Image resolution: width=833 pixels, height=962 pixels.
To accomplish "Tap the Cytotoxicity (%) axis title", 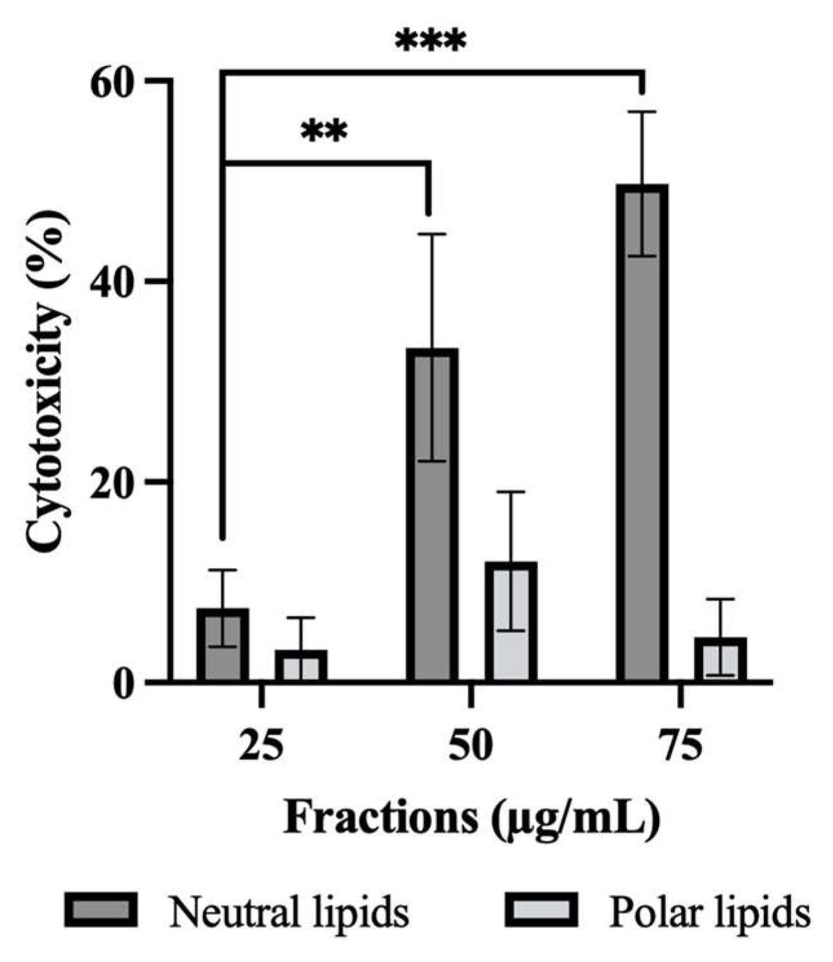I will point(48,381).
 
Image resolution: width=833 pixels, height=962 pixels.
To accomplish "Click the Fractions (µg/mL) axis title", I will point(471,819).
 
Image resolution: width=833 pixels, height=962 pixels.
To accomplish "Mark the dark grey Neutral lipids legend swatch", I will point(101,910).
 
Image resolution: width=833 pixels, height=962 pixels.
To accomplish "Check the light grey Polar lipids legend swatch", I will point(541,910).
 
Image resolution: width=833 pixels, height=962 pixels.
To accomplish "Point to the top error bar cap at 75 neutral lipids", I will point(642,112).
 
